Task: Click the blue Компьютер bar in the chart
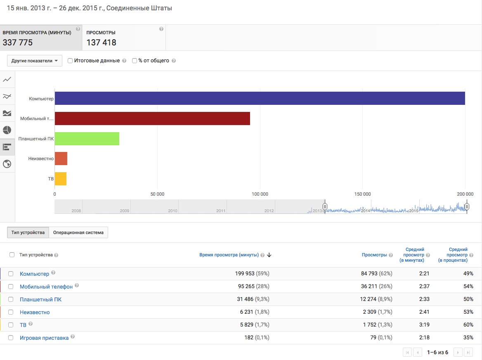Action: (x=260, y=98)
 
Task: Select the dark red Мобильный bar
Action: (x=152, y=118)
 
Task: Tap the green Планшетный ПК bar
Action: (x=87, y=139)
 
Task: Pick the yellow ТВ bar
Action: (x=61, y=179)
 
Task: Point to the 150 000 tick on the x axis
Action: (x=362, y=194)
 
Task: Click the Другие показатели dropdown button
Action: (x=34, y=61)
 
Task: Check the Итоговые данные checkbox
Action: (x=70, y=61)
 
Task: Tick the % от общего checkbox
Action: (x=135, y=61)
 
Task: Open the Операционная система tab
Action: (x=78, y=232)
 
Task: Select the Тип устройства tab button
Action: (x=28, y=232)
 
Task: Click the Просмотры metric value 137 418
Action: (x=102, y=43)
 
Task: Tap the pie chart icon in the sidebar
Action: (x=7, y=130)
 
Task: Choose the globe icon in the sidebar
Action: (x=7, y=164)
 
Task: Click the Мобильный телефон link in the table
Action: (x=46, y=287)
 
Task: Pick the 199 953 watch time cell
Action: (x=246, y=274)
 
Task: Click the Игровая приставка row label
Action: (x=44, y=338)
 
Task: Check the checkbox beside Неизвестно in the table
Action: (x=11, y=312)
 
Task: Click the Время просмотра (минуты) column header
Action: (x=229, y=255)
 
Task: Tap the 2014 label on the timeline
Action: (x=365, y=211)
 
